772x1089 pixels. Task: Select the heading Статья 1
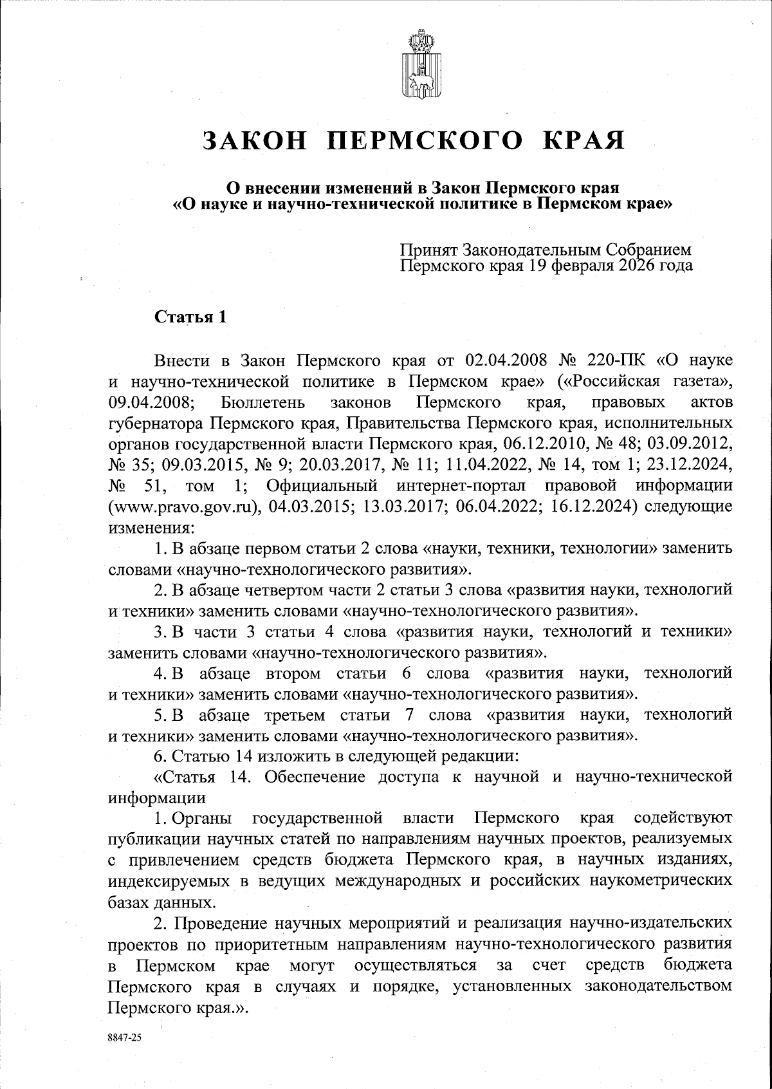190,317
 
